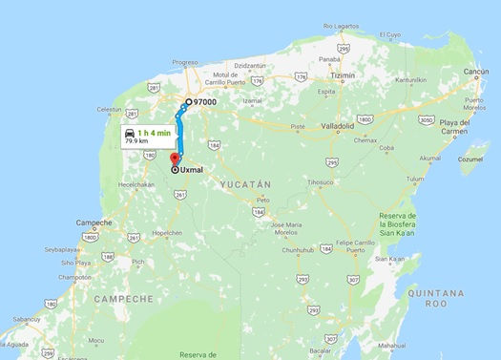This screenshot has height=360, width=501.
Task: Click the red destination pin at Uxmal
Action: (x=174, y=159)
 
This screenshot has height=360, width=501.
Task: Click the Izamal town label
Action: (x=252, y=99)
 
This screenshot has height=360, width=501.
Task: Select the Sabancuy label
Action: (x=26, y=318)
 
